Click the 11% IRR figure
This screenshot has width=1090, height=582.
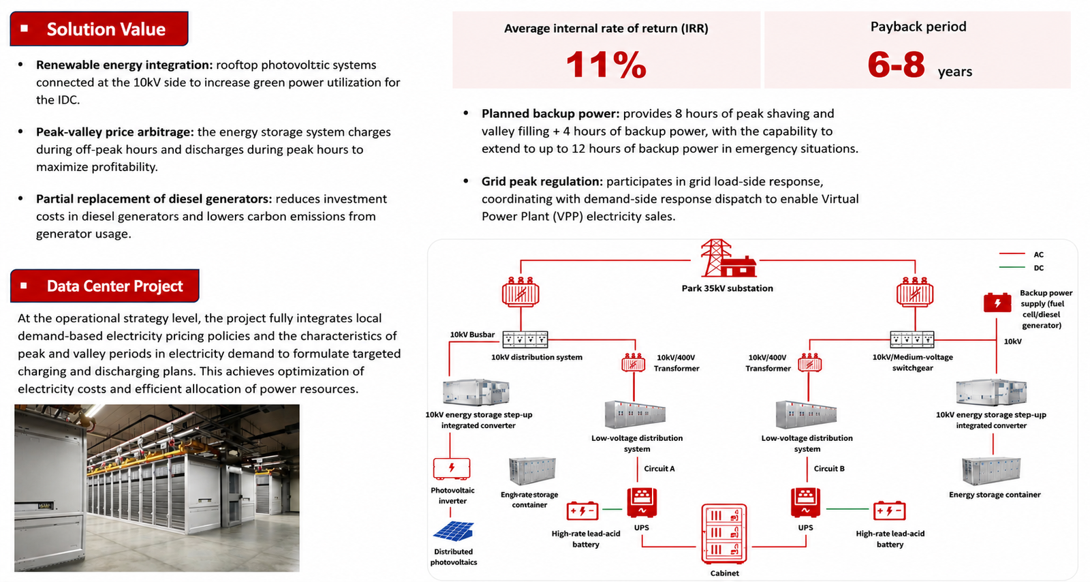click(x=606, y=64)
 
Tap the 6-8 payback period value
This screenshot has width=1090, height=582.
click(x=896, y=64)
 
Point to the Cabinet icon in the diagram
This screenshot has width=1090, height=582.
click(x=724, y=534)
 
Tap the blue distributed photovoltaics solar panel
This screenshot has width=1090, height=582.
click(x=454, y=531)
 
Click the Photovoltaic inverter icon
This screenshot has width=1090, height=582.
click(x=452, y=469)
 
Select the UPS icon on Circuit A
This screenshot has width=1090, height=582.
click(x=642, y=503)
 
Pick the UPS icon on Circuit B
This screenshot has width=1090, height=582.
click(x=805, y=503)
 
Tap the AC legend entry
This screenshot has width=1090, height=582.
click(x=1021, y=254)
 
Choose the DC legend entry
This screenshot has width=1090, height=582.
click(x=1021, y=268)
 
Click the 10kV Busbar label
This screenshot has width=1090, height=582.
click(x=472, y=335)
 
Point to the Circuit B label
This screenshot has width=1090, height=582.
click(x=829, y=469)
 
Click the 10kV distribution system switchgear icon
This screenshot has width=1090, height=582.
click(x=525, y=339)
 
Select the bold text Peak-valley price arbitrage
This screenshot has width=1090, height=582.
click(x=115, y=132)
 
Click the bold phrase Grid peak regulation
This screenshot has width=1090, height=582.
click(x=542, y=181)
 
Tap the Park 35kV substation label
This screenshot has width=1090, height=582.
click(x=727, y=288)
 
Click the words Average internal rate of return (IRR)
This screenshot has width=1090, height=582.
click(x=606, y=28)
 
